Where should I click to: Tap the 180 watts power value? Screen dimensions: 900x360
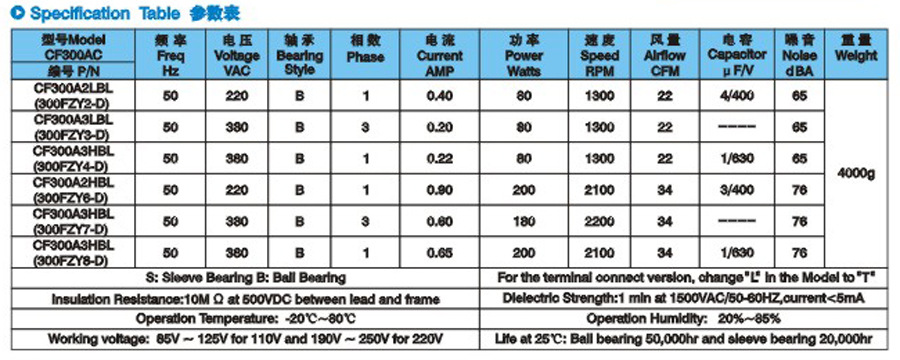click(x=525, y=219)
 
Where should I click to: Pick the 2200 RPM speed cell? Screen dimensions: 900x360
click(x=600, y=219)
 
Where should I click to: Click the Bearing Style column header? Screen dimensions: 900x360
click(x=300, y=57)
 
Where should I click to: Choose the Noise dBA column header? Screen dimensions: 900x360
click(x=799, y=57)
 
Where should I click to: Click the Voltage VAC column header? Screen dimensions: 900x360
click(x=236, y=57)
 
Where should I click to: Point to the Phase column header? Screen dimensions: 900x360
click(x=365, y=57)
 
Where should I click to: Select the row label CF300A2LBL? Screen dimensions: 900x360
click(x=74, y=88)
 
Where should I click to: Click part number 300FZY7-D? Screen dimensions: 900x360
click(x=74, y=228)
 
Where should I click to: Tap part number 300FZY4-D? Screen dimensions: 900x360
click(x=74, y=166)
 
